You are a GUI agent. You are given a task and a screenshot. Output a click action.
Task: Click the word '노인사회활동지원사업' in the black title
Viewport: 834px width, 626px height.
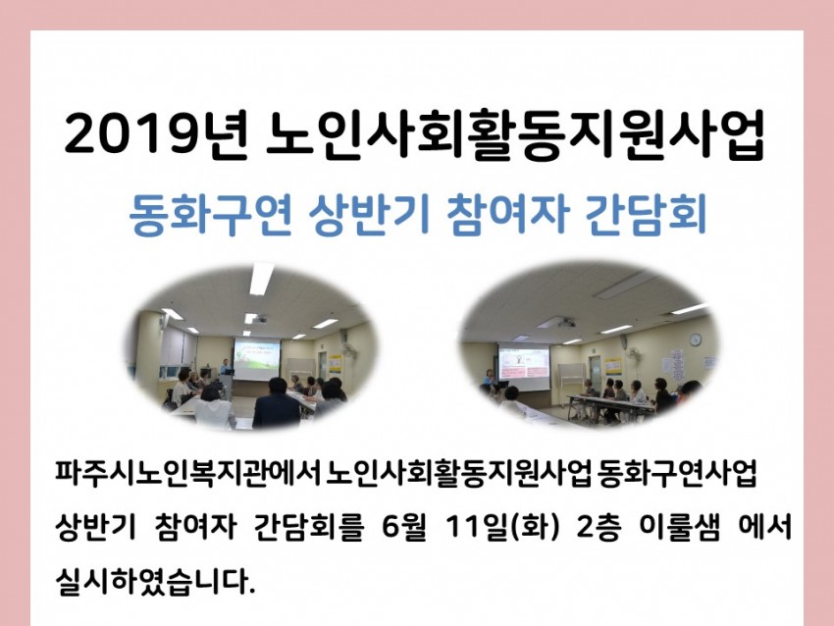click(x=515, y=134)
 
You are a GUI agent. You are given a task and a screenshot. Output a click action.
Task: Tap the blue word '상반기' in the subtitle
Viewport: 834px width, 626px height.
click(x=369, y=214)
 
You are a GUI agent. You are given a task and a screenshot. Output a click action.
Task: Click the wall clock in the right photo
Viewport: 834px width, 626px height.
click(x=696, y=339)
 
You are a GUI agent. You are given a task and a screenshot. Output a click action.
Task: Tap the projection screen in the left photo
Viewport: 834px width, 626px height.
click(x=256, y=358)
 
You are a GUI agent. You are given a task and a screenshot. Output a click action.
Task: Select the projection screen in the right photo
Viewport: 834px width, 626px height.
click(x=523, y=368)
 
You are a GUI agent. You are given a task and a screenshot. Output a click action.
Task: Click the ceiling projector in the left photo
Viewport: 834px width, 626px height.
click(x=258, y=319)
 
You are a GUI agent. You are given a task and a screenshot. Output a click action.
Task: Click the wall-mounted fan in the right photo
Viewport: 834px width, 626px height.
click(x=633, y=354)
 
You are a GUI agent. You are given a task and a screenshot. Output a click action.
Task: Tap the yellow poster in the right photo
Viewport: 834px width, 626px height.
click(x=612, y=366)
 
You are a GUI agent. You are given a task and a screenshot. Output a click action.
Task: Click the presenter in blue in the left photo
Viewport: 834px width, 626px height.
click(x=226, y=368)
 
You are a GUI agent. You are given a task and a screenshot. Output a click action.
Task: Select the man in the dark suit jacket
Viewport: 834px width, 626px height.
click(x=276, y=404)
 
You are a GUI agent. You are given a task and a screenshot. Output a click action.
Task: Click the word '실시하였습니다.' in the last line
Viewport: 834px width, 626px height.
click(x=155, y=581)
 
